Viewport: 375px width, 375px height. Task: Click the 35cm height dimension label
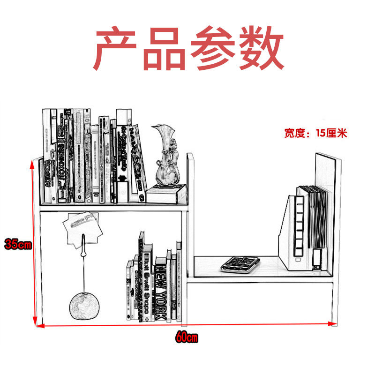(17, 244)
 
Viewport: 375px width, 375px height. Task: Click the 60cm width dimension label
(187, 337)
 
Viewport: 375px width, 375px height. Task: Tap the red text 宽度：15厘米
(315, 133)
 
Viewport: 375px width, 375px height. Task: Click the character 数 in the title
(261, 50)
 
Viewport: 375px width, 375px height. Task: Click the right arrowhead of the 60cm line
(333, 323)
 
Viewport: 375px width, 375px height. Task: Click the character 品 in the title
(164, 50)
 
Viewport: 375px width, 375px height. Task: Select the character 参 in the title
(213, 50)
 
